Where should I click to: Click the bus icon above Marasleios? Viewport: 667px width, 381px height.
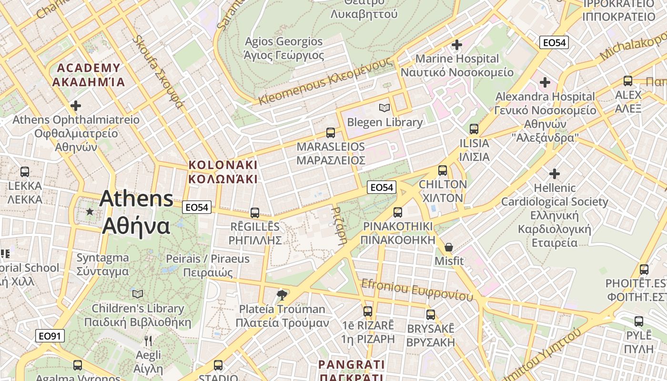point(331,133)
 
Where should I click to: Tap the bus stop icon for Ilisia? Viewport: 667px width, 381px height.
point(474,129)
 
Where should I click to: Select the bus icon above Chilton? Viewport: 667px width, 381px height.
point(443,170)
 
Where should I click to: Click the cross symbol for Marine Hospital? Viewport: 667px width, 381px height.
point(457,45)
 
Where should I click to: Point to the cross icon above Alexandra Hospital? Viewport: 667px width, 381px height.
point(545,82)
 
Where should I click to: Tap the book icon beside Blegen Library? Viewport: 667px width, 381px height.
point(384,108)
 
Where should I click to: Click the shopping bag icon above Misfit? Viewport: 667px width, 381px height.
point(449,247)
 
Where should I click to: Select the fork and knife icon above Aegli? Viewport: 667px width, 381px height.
point(148,341)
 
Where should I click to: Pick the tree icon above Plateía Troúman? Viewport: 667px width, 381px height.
point(282,295)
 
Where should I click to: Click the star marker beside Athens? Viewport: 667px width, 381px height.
point(90,211)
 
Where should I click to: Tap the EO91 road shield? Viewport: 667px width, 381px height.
point(50,336)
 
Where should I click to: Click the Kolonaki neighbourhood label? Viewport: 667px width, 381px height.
point(223,172)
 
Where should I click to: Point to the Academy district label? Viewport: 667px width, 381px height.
point(89,75)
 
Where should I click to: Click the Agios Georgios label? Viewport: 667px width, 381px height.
point(283,49)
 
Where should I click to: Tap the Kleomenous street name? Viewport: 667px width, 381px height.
point(325,81)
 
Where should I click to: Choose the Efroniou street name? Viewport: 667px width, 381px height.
point(417,290)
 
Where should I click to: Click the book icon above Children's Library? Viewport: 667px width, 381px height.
point(138,294)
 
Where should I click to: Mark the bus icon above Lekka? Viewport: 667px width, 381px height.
point(25,172)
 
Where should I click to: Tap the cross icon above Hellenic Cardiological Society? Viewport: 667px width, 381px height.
point(555,174)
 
